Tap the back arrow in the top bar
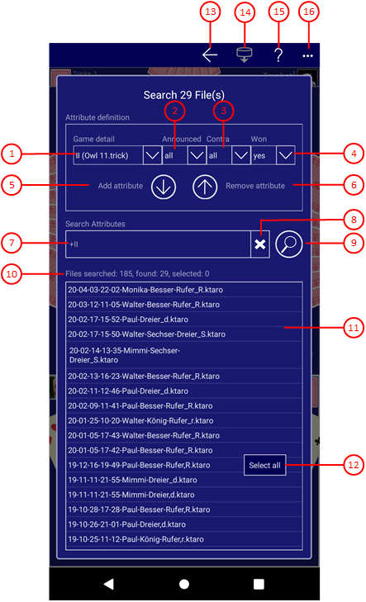tap(210, 55)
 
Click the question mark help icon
tap(278, 55)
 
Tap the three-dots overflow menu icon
tap(307, 56)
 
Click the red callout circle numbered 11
tap(353, 328)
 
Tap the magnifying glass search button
tap(289, 244)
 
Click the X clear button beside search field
tap(260, 244)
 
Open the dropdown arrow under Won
tap(285, 155)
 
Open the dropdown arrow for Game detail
tap(152, 155)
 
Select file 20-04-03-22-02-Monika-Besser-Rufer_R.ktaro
tap(145, 290)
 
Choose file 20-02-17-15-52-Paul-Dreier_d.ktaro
tap(128, 320)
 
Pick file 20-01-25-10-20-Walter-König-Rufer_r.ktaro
tap(140, 421)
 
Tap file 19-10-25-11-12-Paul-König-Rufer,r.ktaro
tap(136, 539)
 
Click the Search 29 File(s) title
tap(184, 95)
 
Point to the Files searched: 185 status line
tap(137, 273)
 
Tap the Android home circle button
tap(184, 584)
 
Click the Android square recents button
tap(259, 584)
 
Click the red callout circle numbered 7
tap(12, 243)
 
